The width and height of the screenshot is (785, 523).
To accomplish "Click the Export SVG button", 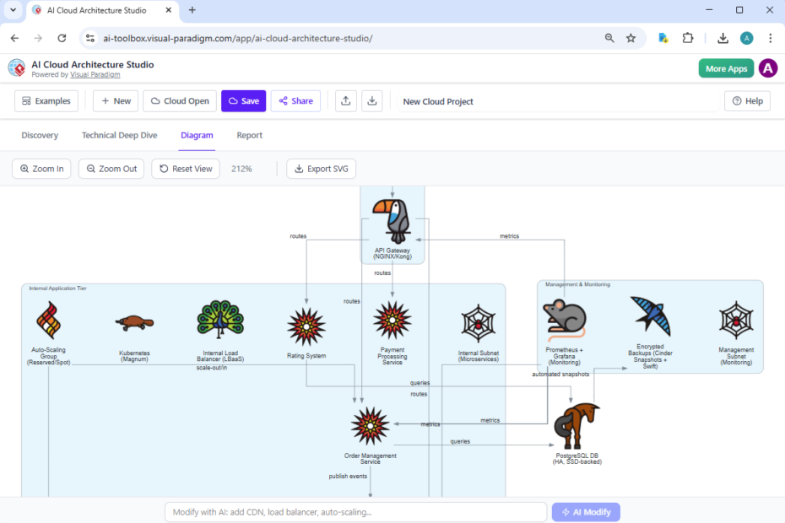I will pos(322,169).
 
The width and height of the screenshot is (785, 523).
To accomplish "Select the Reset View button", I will pos(186,169).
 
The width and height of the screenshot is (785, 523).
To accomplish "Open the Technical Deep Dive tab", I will pos(119,135).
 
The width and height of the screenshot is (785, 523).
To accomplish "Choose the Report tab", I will pos(249,135).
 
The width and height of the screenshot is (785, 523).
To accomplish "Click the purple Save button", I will pos(243,101).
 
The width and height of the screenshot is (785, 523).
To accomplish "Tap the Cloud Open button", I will pos(180,101).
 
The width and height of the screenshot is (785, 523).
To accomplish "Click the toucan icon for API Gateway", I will pos(392,220).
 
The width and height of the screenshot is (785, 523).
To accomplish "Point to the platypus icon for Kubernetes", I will pos(134,322).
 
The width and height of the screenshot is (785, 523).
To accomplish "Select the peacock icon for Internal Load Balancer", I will pos(219,321).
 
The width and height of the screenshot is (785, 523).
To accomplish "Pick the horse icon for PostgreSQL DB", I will pos(577,427).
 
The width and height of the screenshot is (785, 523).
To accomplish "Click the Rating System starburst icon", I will pos(306,326).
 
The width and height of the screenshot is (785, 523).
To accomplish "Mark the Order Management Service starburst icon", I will pos(370,427).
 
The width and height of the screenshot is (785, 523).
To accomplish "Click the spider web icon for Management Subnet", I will pos(735,321).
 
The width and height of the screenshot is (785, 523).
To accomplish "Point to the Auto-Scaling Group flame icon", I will pos(48,321).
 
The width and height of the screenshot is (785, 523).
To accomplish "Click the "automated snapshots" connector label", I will pos(560,374).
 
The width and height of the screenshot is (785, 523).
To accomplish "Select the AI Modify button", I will pos(586,512).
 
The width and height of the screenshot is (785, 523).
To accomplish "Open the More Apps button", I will pos(726,68).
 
